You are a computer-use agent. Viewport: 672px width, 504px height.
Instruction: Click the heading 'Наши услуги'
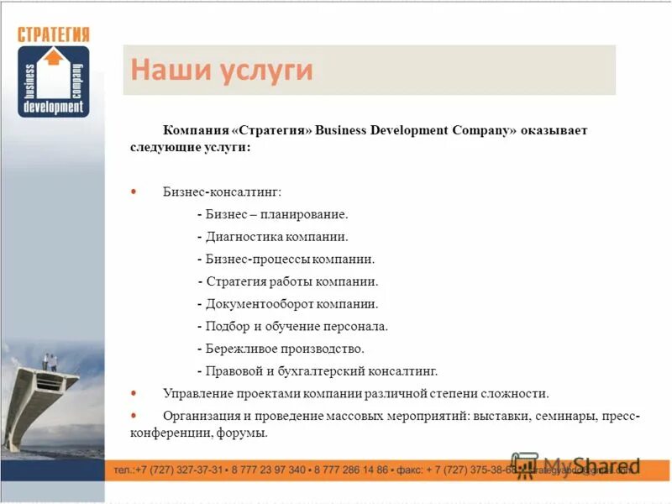click(222, 70)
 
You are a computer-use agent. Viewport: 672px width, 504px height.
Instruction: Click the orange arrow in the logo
click(53, 57)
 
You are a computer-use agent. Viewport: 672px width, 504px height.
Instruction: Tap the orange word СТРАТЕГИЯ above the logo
click(53, 34)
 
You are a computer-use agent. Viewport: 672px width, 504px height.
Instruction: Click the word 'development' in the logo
click(53, 108)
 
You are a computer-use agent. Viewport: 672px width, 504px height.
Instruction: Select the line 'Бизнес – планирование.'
click(271, 215)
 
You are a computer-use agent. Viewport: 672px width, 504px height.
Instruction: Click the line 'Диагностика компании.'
click(272, 238)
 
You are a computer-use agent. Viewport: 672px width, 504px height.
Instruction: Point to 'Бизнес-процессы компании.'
click(286, 260)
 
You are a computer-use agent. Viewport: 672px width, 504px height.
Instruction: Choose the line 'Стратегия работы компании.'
click(288, 281)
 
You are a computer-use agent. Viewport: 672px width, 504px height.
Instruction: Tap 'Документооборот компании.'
click(288, 304)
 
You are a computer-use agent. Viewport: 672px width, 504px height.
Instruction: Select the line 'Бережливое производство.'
click(281, 348)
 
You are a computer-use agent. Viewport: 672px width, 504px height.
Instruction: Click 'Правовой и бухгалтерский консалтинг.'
click(318, 370)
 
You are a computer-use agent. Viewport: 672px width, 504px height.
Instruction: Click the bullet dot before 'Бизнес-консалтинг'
click(134, 192)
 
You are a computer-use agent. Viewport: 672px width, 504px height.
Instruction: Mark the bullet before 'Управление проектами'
click(134, 392)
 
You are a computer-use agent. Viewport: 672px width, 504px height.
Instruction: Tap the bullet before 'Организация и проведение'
click(134, 415)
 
